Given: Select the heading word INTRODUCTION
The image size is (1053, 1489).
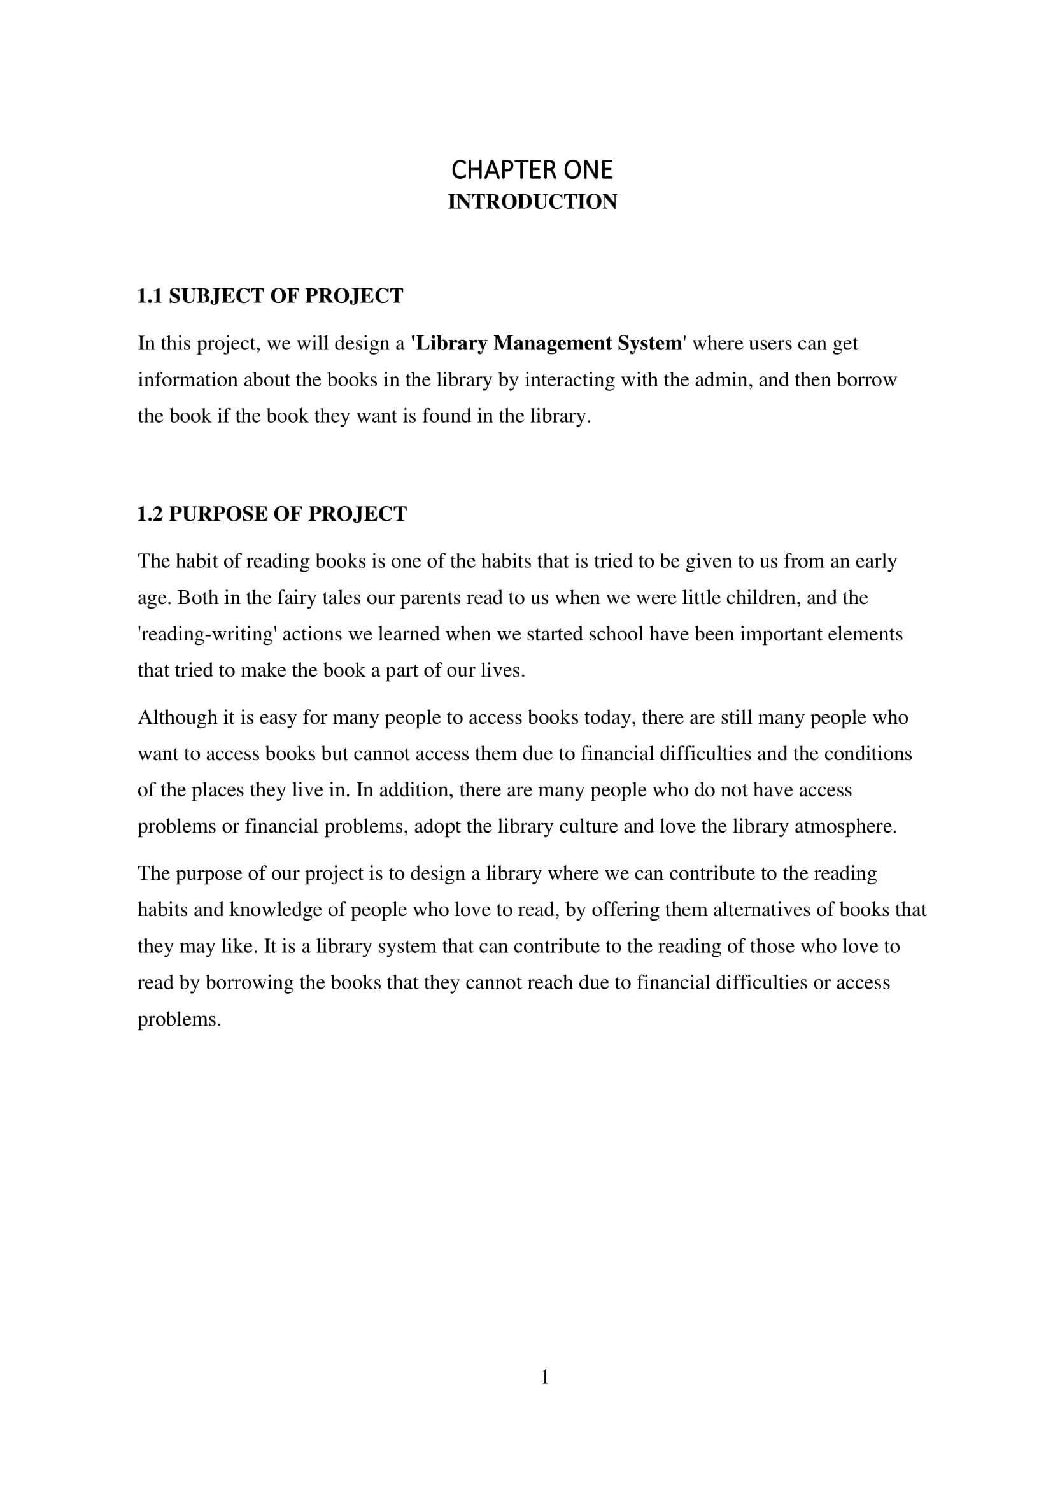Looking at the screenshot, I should pos(532,202).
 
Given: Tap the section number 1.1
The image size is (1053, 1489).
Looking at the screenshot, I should pos(149,296).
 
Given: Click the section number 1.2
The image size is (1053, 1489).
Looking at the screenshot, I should pos(149,514).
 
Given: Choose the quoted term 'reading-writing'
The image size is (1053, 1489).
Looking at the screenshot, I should pos(207,633).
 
